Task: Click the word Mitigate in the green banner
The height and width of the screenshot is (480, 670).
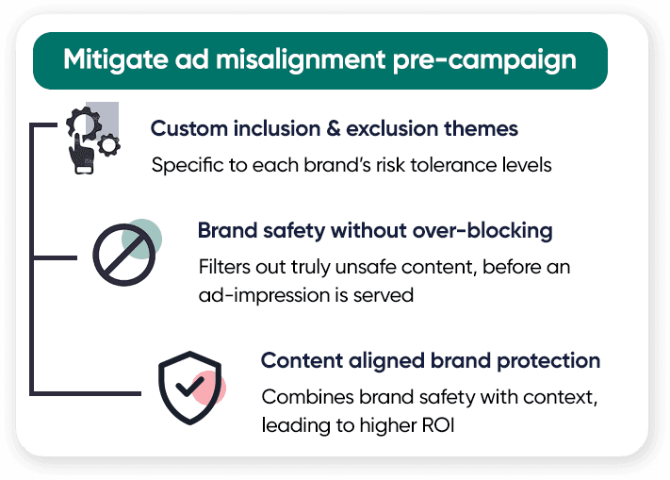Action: tap(115, 59)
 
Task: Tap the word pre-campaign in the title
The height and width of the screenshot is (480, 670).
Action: tap(484, 60)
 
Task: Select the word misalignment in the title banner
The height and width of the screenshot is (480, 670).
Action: tap(301, 59)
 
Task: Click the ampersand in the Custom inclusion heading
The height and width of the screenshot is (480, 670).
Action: tap(334, 128)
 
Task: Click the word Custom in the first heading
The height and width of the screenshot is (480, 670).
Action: tap(188, 128)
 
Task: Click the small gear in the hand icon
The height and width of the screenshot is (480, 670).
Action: tap(108, 145)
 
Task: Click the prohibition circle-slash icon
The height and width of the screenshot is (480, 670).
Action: tap(123, 255)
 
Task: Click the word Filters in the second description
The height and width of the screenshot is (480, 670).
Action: tap(222, 267)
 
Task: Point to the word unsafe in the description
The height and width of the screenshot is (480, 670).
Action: tap(366, 267)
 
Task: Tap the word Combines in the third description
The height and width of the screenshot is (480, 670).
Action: tap(307, 397)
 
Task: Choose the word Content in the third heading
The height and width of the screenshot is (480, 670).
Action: tap(302, 360)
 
